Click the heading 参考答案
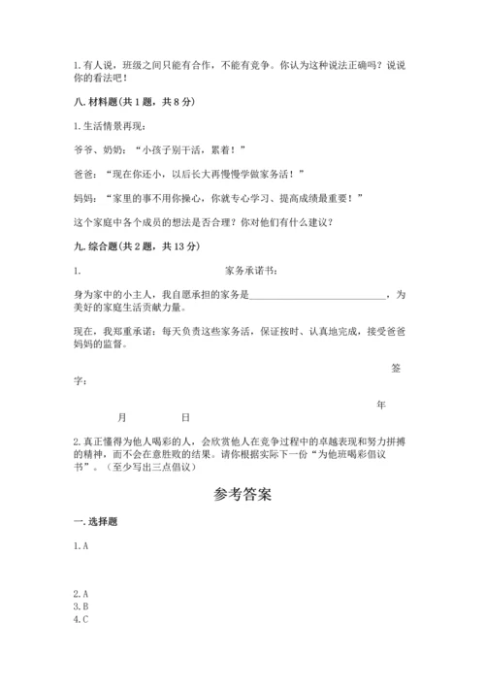242,495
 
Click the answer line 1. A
81,547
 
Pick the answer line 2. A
81,593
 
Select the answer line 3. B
81,606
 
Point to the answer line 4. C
81,620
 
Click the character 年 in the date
381,404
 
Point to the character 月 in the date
121,417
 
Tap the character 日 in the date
185,417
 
